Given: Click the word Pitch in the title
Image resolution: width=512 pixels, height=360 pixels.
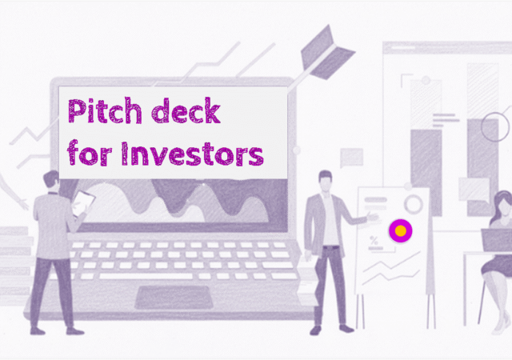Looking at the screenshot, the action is point(105,110).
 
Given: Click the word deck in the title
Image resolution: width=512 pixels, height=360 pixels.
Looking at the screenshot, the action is point(186,110).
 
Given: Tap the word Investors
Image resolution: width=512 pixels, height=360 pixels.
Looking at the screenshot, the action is point(192,154).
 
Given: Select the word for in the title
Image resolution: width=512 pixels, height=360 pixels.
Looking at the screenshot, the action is point(90,152).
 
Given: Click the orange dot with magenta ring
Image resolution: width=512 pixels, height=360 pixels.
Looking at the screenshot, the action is point(401,231).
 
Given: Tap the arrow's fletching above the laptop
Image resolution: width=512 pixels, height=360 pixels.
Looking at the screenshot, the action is point(327,53).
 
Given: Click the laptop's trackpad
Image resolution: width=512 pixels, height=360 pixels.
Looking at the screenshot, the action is point(174,298).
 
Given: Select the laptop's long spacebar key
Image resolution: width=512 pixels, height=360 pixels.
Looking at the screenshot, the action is point(146,276).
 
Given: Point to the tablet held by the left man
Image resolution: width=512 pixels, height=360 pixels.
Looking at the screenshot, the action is point(83,204).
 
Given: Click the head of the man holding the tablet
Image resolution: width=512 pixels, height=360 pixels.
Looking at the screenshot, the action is point(51,180).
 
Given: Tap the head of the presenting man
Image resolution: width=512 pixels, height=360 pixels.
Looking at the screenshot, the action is point(326,181).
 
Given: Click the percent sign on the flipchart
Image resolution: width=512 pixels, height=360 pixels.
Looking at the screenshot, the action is point(374,241).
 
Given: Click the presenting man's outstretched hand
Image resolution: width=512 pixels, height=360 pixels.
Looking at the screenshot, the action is point(372,217).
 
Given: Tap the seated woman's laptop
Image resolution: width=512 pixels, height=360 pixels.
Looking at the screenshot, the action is point(497,240).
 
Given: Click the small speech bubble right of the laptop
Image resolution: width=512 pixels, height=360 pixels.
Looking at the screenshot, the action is point(352,158).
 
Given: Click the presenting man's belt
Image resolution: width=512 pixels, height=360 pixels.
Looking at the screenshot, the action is point(330,247).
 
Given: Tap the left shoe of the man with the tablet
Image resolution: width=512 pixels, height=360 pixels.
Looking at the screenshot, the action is point(38,331).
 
